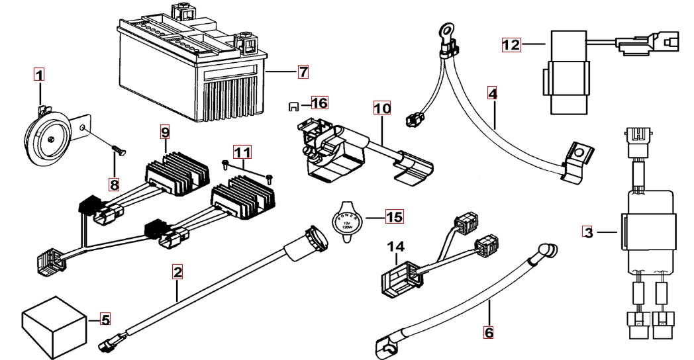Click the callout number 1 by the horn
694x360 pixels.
(x=39, y=75)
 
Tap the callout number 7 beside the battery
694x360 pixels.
(x=303, y=70)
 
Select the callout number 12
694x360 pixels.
(x=511, y=45)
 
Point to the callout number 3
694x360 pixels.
(x=587, y=232)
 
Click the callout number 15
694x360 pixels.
(x=394, y=216)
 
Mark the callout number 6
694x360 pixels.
(x=489, y=332)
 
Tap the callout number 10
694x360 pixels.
(x=382, y=107)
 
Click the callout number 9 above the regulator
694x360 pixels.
(x=166, y=132)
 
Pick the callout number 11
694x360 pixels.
(x=245, y=154)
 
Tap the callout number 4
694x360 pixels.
(x=491, y=93)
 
